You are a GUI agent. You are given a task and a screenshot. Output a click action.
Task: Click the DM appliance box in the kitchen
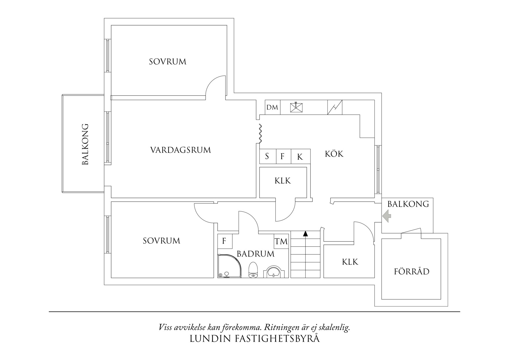pos(272,107)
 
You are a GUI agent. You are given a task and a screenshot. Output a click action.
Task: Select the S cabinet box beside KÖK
pos(267,156)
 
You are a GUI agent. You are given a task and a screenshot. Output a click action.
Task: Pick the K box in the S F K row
pos(300,157)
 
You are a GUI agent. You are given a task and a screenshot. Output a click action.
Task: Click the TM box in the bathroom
pos(281,241)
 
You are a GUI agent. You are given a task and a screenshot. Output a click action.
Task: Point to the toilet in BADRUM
pos(253,270)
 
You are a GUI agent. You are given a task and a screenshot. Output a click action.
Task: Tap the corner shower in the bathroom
pos(229,267)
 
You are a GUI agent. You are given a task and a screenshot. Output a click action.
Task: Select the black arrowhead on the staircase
pos(305,234)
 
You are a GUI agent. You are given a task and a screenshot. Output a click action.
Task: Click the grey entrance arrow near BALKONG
pos(387,216)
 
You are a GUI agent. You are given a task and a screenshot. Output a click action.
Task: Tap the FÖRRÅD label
pos(411,272)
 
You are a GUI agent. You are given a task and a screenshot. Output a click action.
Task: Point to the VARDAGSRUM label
pos(181,150)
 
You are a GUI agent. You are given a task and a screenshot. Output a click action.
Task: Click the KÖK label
pos(334,154)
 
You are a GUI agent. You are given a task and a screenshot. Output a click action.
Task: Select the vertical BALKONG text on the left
pos(85,144)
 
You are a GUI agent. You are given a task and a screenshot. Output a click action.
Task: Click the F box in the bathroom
pos(224,241)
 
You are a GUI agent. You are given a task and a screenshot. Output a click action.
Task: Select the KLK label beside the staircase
pos(350,262)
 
